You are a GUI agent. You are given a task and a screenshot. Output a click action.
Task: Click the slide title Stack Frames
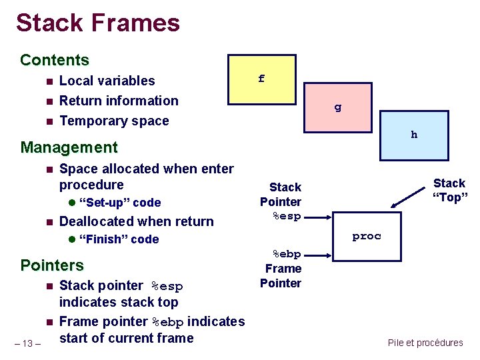click(x=98, y=23)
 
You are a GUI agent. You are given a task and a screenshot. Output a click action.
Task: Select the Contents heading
click(x=55, y=60)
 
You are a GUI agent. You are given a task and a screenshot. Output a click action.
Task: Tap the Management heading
click(x=69, y=147)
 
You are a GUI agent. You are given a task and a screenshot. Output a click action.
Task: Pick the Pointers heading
click(x=52, y=265)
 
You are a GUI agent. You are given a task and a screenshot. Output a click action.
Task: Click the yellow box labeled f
click(x=261, y=79)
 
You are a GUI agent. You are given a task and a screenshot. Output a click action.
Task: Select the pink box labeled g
click(x=337, y=107)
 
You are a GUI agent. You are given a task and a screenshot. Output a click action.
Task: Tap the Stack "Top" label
click(x=449, y=190)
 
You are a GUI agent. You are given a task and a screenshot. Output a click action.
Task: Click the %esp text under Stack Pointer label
click(x=287, y=216)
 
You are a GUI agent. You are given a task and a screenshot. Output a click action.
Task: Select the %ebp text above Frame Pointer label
click(x=287, y=254)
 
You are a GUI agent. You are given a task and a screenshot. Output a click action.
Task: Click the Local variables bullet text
click(x=107, y=81)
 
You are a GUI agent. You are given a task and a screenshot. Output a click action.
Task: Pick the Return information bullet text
click(x=119, y=101)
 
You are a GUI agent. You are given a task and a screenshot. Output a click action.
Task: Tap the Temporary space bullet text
click(x=114, y=121)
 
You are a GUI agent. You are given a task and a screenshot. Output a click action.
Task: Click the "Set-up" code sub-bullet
click(x=119, y=203)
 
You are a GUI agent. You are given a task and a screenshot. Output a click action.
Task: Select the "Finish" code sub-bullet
click(x=119, y=239)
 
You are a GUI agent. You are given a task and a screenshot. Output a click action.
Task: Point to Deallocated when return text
click(x=137, y=221)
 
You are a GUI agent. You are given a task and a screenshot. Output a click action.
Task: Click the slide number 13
click(x=28, y=343)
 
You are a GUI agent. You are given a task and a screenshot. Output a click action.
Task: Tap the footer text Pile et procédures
click(x=425, y=343)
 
